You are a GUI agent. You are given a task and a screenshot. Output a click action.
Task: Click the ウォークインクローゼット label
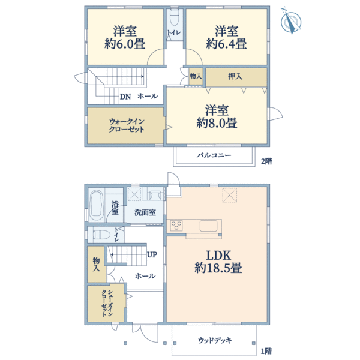pos(126,125)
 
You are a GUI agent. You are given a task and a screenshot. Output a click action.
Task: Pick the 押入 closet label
pos(235,77)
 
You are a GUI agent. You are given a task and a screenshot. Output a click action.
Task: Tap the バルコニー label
pos(214,155)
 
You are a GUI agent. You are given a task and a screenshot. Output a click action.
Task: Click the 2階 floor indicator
pos(265,161)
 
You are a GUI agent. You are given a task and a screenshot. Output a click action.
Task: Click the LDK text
pos(217,254)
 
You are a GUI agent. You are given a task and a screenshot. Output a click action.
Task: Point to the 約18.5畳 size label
pos(217,268)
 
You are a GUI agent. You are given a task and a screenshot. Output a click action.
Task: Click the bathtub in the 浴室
pos(95,206)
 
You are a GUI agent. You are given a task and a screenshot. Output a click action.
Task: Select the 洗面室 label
pos(145,212)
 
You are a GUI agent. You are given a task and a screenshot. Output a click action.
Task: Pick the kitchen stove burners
pos(177,226)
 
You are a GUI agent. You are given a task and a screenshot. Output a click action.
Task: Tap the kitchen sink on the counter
pos(208,226)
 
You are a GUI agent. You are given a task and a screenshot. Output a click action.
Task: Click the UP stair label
pos(152,254)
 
